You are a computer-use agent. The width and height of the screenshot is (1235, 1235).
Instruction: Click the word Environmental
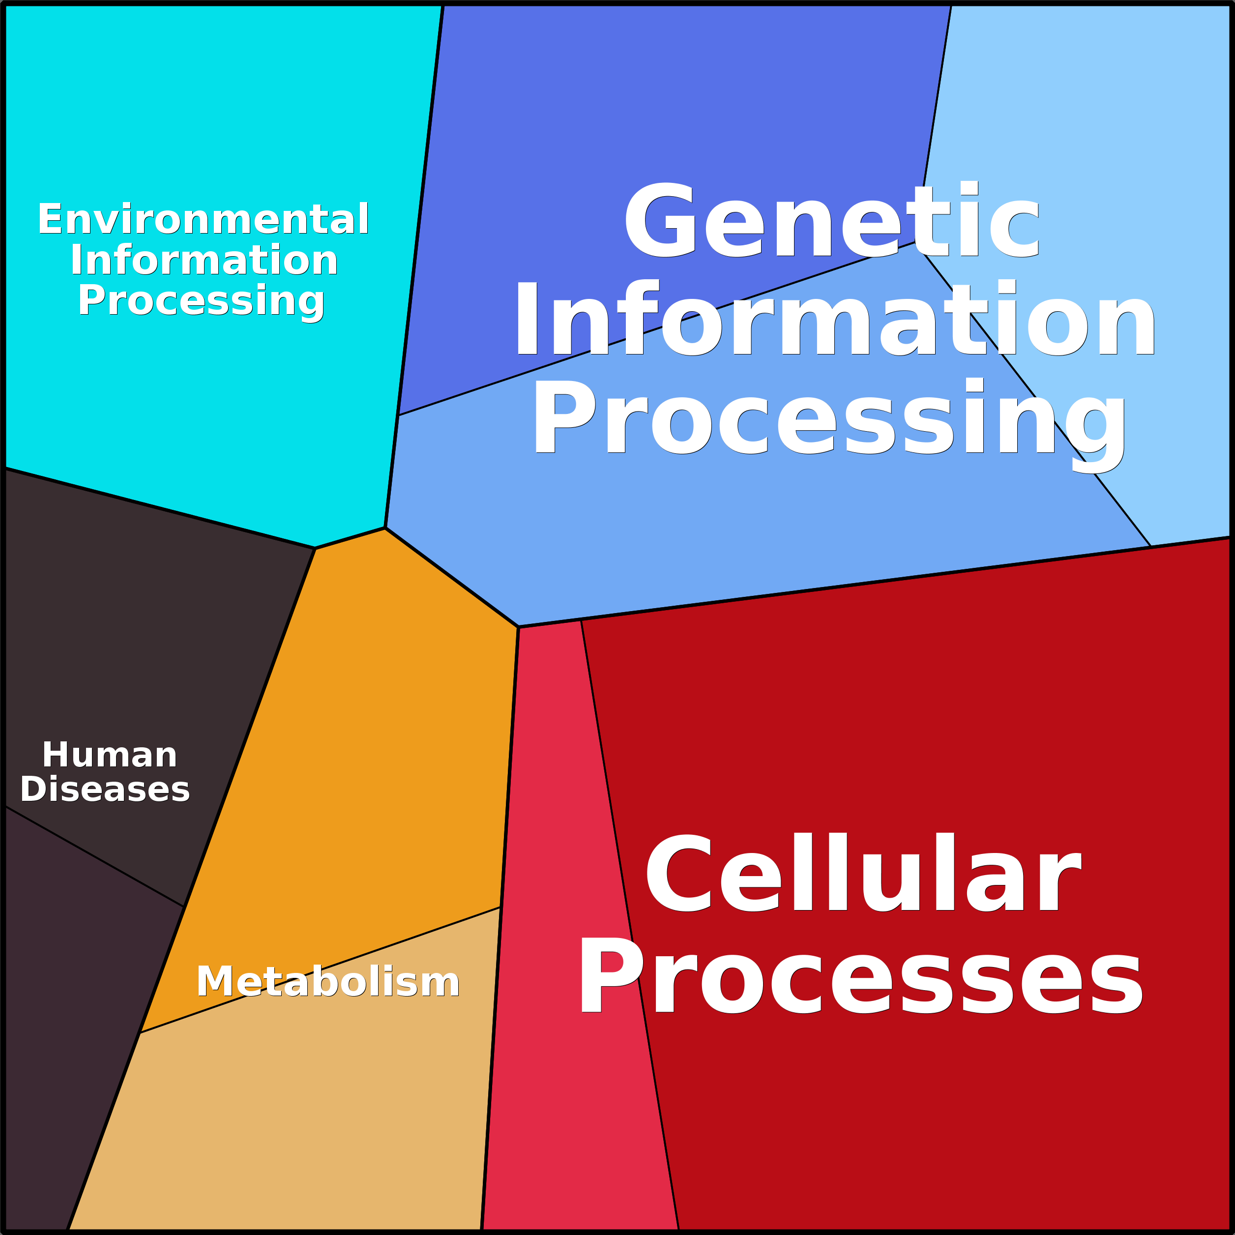click(203, 219)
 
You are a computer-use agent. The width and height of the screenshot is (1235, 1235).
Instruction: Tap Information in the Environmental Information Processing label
click(204, 260)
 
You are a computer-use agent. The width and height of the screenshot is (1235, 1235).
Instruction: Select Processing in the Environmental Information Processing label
click(202, 301)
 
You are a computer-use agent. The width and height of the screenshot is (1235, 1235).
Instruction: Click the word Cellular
click(863, 873)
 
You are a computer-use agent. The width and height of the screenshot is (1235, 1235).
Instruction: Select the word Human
click(109, 755)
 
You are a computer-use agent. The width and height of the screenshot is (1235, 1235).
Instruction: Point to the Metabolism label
click(328, 982)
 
